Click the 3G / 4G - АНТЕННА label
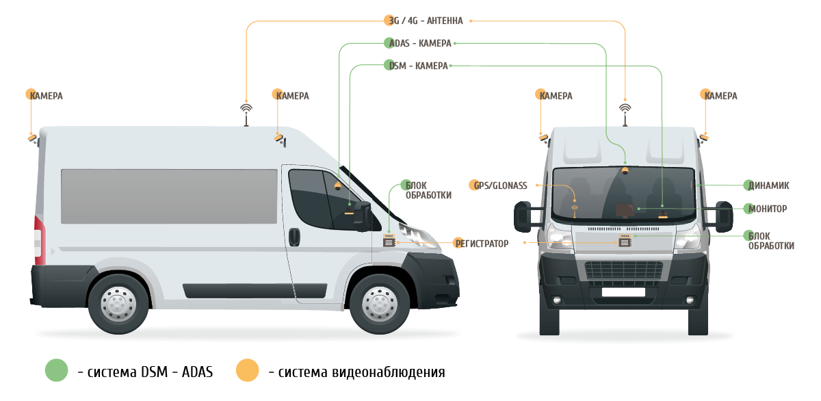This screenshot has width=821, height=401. pyautogui.click(x=426, y=21)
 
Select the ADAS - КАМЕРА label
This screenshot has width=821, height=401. pyautogui.click(x=420, y=43)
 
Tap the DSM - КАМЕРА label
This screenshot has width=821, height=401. pyautogui.click(x=418, y=66)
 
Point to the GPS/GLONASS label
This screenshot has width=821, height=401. pyautogui.click(x=500, y=186)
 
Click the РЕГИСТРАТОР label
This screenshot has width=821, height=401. pyautogui.click(x=482, y=244)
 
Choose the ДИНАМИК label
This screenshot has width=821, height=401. pyautogui.click(x=768, y=186)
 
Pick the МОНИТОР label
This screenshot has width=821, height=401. pyautogui.click(x=768, y=209)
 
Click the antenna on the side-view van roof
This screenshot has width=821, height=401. pyautogui.click(x=246, y=115)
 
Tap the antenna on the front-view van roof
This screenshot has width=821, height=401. pyautogui.click(x=625, y=115)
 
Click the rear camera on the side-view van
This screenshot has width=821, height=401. pyautogui.click(x=32, y=138)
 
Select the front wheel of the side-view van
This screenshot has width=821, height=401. pyautogui.click(x=379, y=304)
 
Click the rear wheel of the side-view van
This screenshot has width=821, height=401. pyautogui.click(x=118, y=304)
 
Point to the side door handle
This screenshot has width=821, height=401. pyautogui.click(x=294, y=237)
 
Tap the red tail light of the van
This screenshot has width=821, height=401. pyautogui.click(x=40, y=240)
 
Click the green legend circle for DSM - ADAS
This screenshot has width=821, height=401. pyautogui.click(x=56, y=370)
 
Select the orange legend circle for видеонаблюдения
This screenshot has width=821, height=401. pyautogui.click(x=248, y=370)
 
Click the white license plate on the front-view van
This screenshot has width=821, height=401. pyautogui.click(x=623, y=292)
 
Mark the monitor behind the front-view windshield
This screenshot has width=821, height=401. pyautogui.click(x=625, y=210)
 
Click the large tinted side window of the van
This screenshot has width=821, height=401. pyautogui.click(x=169, y=196)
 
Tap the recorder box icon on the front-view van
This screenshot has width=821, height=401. pyautogui.click(x=625, y=240)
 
